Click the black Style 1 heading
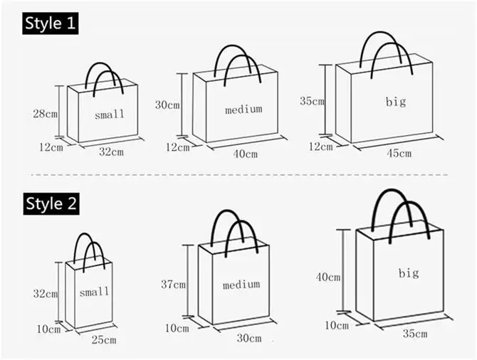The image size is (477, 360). click(x=50, y=23)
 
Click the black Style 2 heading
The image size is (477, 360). click(x=51, y=203)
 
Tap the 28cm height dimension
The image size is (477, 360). click(x=46, y=113)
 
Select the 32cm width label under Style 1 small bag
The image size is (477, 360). click(x=111, y=152)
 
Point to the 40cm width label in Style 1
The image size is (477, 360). click(x=244, y=154)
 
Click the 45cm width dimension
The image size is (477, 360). click(x=399, y=153)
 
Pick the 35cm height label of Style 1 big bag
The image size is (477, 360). click(x=312, y=101)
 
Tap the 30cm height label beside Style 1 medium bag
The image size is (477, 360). click(x=167, y=105)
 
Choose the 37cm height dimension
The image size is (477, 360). click(x=173, y=285)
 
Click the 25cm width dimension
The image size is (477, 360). click(x=104, y=340)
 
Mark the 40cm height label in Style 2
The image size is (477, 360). click(x=328, y=277)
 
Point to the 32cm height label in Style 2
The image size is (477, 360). click(x=45, y=293)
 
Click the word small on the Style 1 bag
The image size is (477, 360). click(x=110, y=114)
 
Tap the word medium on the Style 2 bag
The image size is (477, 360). click(x=241, y=285)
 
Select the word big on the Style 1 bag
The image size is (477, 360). click(x=396, y=102)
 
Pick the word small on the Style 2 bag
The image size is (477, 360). click(x=94, y=292)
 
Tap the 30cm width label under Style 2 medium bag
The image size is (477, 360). click(x=249, y=338)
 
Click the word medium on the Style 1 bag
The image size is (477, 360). click(x=243, y=109)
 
